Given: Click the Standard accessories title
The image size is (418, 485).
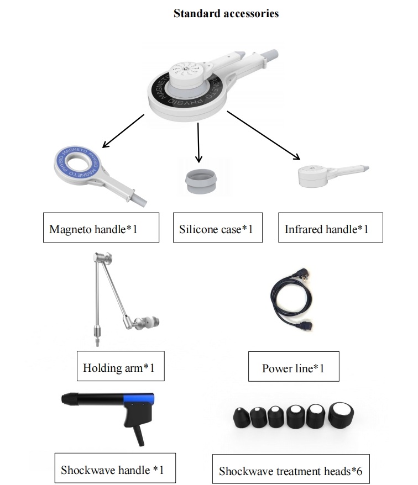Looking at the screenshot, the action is (226, 13).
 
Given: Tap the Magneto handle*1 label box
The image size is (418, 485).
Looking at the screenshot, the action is (101, 228).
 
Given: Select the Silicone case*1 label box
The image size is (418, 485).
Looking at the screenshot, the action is (218, 228).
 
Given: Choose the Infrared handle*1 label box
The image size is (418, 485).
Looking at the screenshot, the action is (331, 228).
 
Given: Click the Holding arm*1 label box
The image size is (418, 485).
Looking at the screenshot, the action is (121, 366).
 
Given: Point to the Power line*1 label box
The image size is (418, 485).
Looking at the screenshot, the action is (294, 367).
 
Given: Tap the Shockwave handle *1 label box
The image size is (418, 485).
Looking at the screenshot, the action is (115, 468).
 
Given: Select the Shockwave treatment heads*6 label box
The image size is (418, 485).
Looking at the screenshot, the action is (291, 469).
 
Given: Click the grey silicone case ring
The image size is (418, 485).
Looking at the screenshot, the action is (201, 182).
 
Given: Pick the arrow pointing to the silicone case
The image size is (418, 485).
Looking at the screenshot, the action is (198, 143).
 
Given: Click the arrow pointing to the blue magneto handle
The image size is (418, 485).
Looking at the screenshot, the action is (123, 131).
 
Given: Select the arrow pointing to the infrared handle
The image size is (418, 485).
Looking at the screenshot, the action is (264, 135).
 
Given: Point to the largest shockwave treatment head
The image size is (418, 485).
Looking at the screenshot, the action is (341, 415).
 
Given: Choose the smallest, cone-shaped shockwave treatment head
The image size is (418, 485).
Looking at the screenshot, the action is (241, 418).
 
